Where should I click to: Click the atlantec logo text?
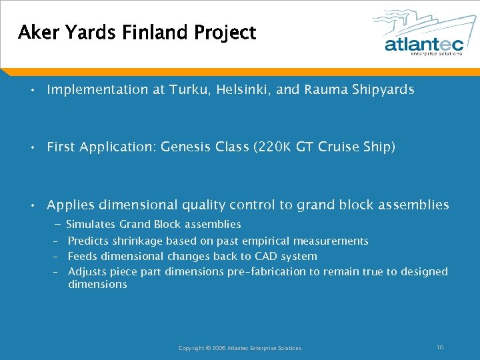423,44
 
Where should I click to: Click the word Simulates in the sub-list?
91,225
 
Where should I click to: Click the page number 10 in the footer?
440,347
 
